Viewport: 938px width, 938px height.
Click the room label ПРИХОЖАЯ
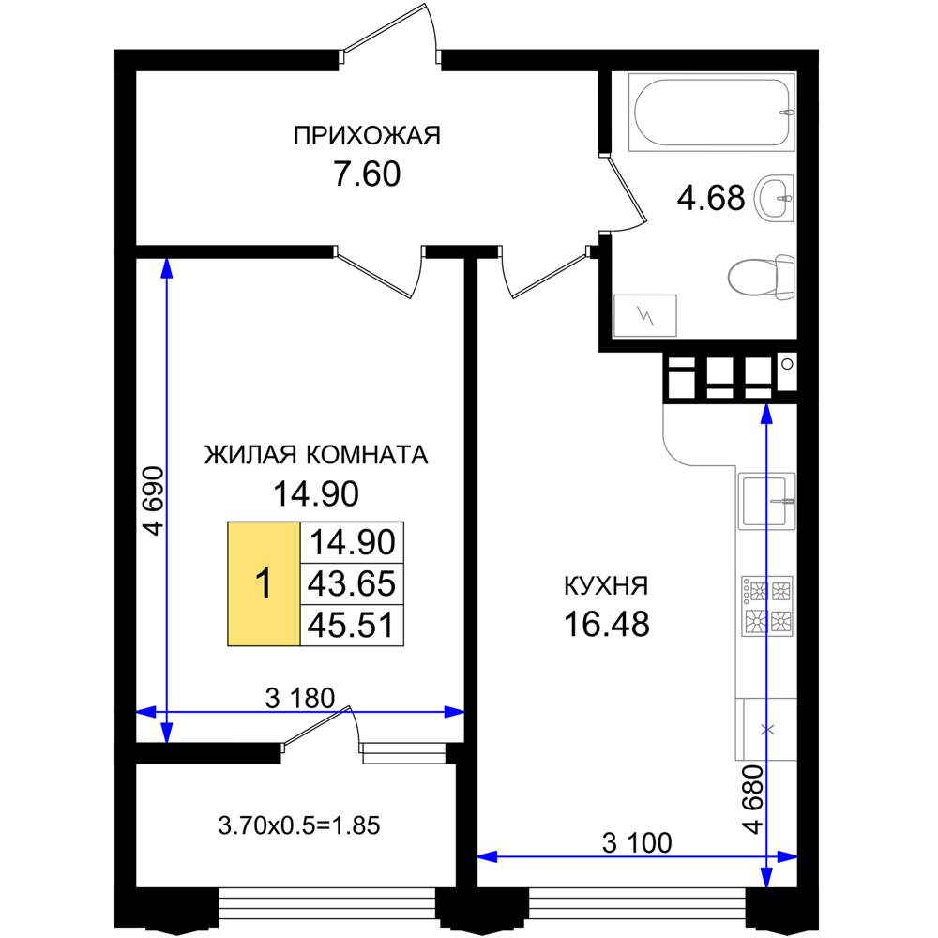pyautogui.click(x=367, y=136)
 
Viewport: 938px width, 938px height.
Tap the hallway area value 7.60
pyautogui.click(x=367, y=174)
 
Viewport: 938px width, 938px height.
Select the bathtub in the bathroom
pyautogui.click(x=712, y=112)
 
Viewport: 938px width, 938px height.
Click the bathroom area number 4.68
pyautogui.click(x=711, y=198)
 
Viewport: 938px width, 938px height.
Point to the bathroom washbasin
pyautogui.click(x=775, y=197)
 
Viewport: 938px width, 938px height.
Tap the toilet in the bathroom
pyautogui.click(x=762, y=277)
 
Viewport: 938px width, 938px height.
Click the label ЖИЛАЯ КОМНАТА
pyautogui.click(x=316, y=455)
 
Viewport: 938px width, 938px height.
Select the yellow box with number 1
pyautogui.click(x=264, y=583)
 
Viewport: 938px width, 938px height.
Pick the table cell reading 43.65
pyautogui.click(x=352, y=583)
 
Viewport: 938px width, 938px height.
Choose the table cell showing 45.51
pyautogui.click(x=352, y=625)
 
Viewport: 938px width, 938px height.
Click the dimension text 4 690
pyautogui.click(x=154, y=501)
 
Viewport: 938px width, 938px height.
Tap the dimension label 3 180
pyautogui.click(x=300, y=698)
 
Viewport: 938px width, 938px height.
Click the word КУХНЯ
pyautogui.click(x=606, y=585)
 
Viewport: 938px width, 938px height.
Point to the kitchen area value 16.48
pyautogui.click(x=607, y=624)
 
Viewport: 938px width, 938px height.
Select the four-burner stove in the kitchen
pyautogui.click(x=767, y=606)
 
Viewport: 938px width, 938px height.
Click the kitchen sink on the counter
pyautogui.click(x=767, y=501)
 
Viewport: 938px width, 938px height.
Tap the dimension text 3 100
pyautogui.click(x=637, y=843)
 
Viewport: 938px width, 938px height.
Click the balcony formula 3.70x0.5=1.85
pyautogui.click(x=299, y=825)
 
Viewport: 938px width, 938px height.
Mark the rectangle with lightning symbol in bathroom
pyautogui.click(x=645, y=315)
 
